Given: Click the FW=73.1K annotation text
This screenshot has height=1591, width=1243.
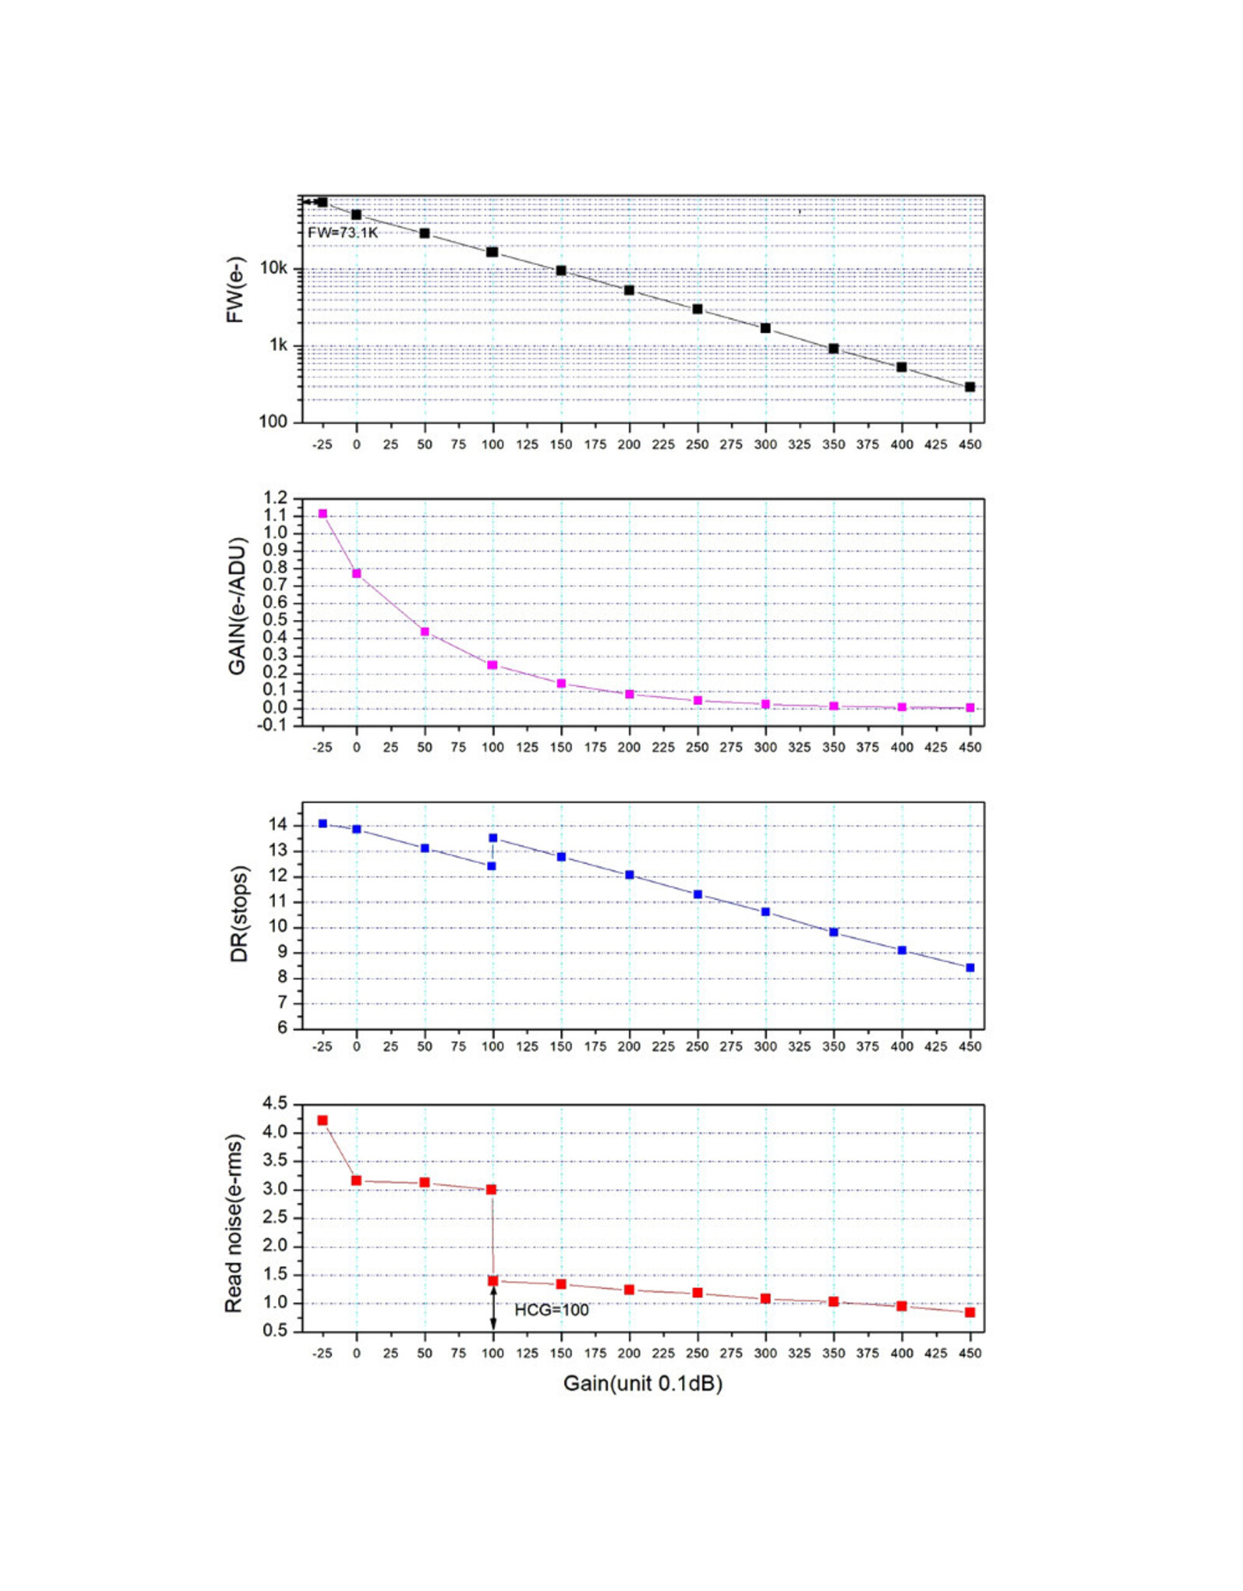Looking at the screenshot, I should tap(343, 232).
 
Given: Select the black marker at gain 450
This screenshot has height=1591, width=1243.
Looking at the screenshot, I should tap(970, 387).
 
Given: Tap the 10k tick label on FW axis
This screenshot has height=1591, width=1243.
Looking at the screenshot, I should tap(273, 269).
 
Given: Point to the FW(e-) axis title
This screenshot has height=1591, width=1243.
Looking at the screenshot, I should tap(235, 290).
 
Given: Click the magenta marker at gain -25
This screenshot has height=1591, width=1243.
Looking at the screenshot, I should tap(322, 514).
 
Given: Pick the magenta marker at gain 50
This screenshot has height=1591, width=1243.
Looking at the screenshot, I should tap(425, 632).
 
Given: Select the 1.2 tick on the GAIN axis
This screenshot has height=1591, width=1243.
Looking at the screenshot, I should tap(276, 498).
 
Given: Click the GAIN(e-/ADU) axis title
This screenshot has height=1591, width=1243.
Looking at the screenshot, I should tap(237, 607).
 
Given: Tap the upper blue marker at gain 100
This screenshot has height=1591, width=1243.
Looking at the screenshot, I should tap(493, 837).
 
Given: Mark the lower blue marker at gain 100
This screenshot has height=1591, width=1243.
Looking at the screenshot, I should tap(491, 866).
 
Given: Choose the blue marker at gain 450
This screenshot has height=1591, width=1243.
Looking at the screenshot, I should tap(970, 968).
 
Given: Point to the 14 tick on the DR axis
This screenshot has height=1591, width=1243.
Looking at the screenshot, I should tap(278, 825).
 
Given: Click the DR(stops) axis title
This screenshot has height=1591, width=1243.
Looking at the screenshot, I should tap(239, 914).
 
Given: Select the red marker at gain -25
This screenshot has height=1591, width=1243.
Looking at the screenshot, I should tap(322, 1120).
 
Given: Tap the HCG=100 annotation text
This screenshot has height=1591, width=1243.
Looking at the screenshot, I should tap(552, 1311).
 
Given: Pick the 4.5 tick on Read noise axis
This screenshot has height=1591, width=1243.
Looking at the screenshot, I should tap(276, 1104).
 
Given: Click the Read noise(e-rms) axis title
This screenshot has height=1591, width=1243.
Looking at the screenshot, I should tap(234, 1224).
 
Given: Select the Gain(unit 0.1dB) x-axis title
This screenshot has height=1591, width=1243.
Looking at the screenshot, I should tap(642, 1384).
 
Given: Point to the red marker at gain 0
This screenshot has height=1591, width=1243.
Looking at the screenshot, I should tap(357, 1181).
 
